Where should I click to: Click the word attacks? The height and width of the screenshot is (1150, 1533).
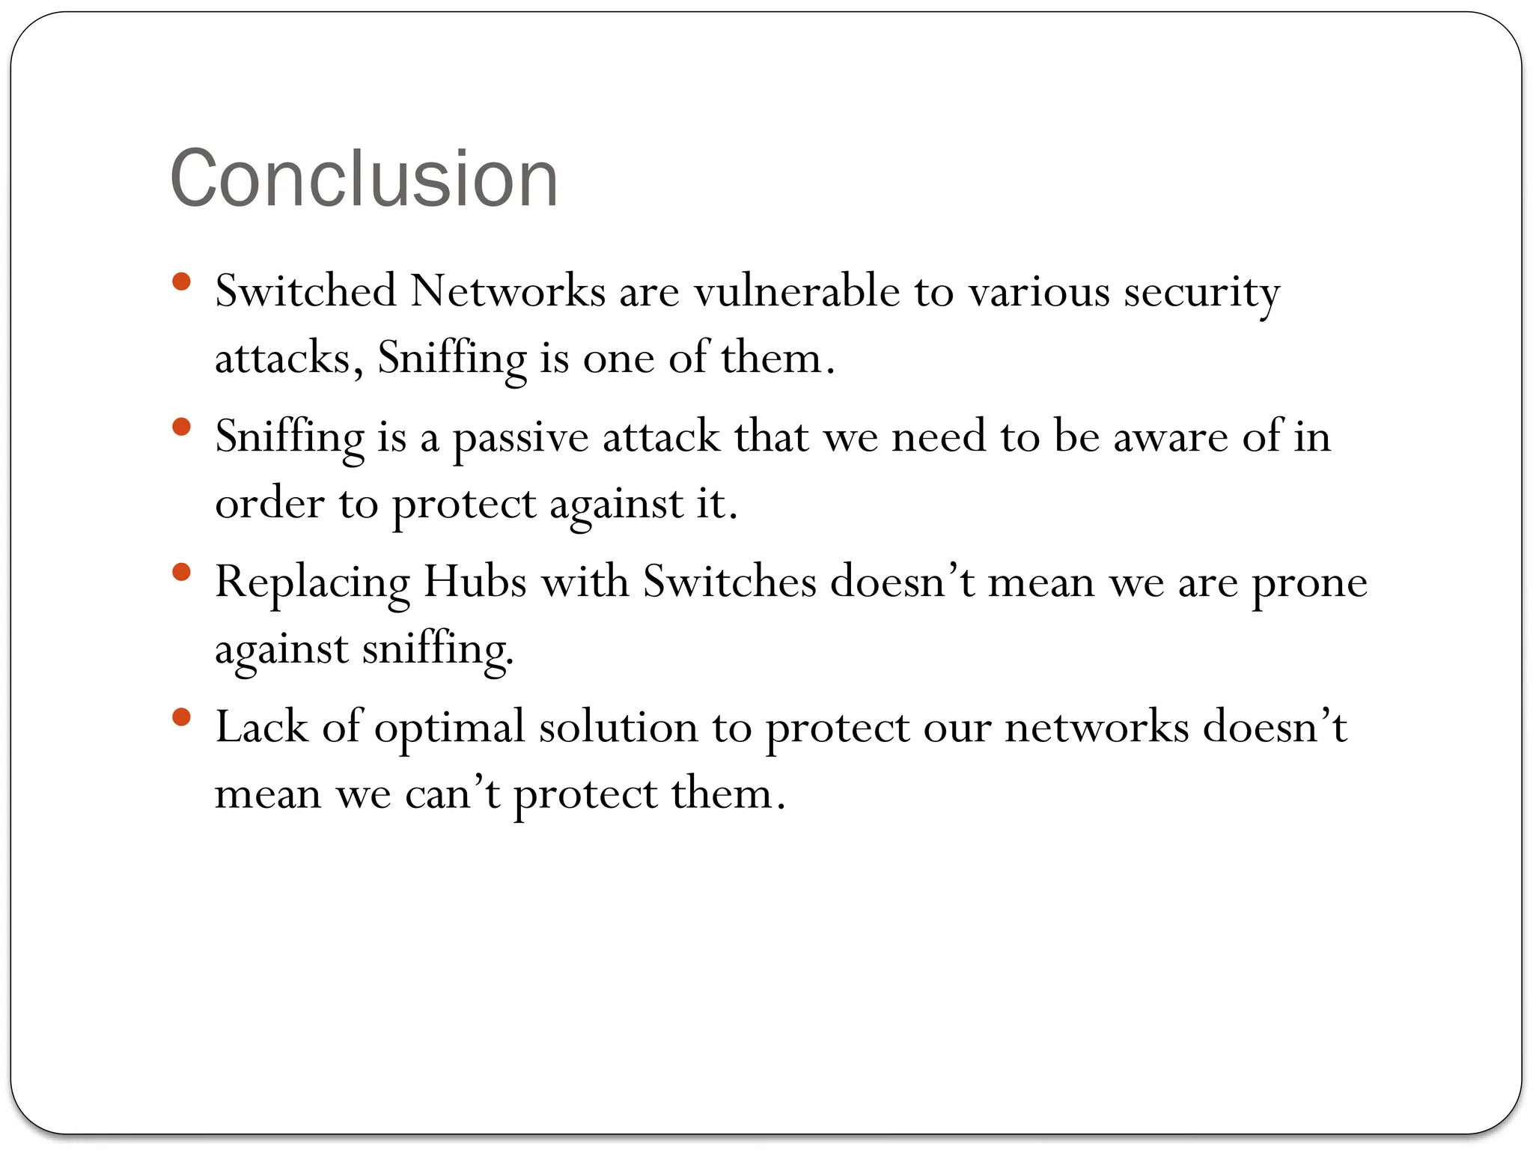click(282, 358)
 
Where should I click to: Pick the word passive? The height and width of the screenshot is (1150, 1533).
click(520, 437)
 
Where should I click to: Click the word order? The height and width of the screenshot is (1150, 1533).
click(269, 503)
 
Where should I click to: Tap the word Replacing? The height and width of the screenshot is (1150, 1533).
click(312, 582)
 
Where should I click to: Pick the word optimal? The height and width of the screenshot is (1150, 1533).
click(449, 728)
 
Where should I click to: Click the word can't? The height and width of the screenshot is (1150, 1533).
click(452, 794)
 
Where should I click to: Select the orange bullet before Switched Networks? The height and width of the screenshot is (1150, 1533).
click(181, 282)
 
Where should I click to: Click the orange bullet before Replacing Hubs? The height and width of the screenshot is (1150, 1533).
click(181, 573)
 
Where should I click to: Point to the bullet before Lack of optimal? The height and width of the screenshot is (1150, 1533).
click(181, 718)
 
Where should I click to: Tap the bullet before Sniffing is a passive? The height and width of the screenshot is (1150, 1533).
click(181, 428)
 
